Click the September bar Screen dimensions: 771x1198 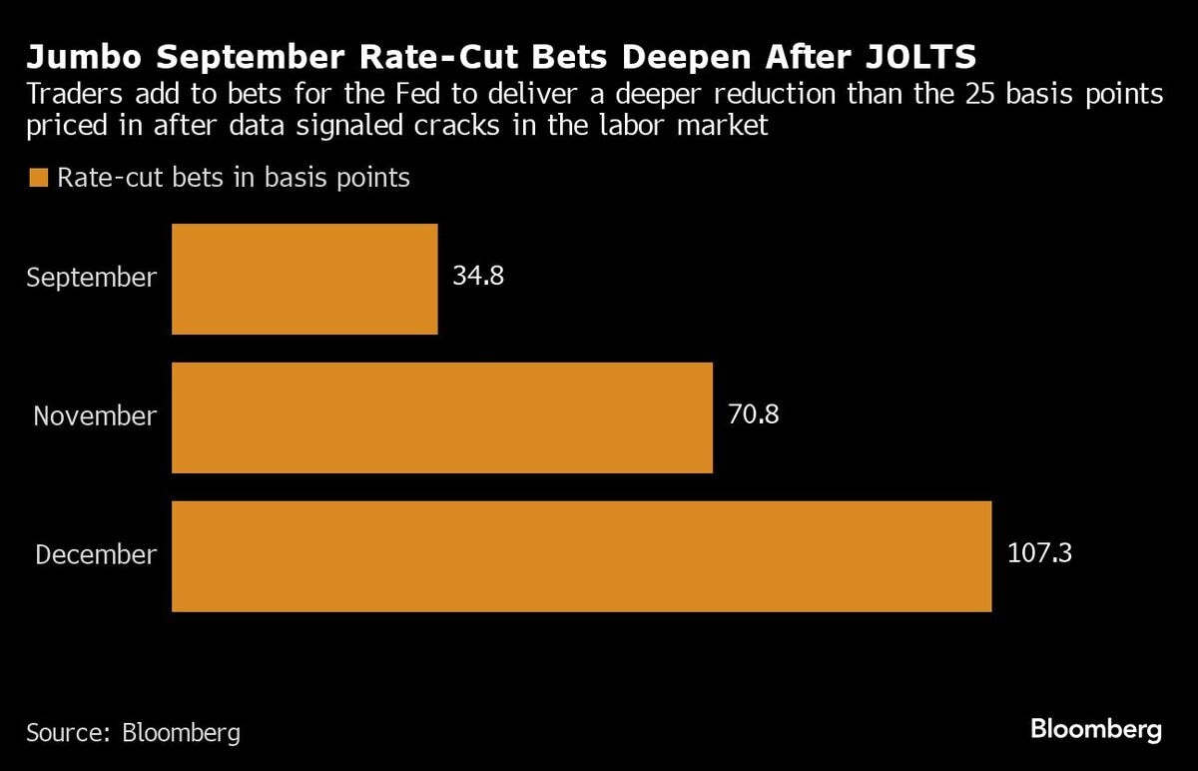tap(304, 279)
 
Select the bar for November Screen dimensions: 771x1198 tap(442, 417)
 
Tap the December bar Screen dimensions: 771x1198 tap(581, 556)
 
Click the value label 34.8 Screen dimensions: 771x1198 tap(478, 276)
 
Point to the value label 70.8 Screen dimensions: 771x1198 tap(753, 413)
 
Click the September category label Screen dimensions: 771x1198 tap(91, 277)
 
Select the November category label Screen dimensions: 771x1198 tap(95, 415)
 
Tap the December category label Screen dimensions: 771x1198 tap(96, 554)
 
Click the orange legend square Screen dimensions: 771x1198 tap(39, 178)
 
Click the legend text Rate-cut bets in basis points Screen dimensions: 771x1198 tap(234, 178)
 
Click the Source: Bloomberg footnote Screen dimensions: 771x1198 tap(134, 732)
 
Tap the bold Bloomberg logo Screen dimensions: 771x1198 tap(1095, 728)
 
